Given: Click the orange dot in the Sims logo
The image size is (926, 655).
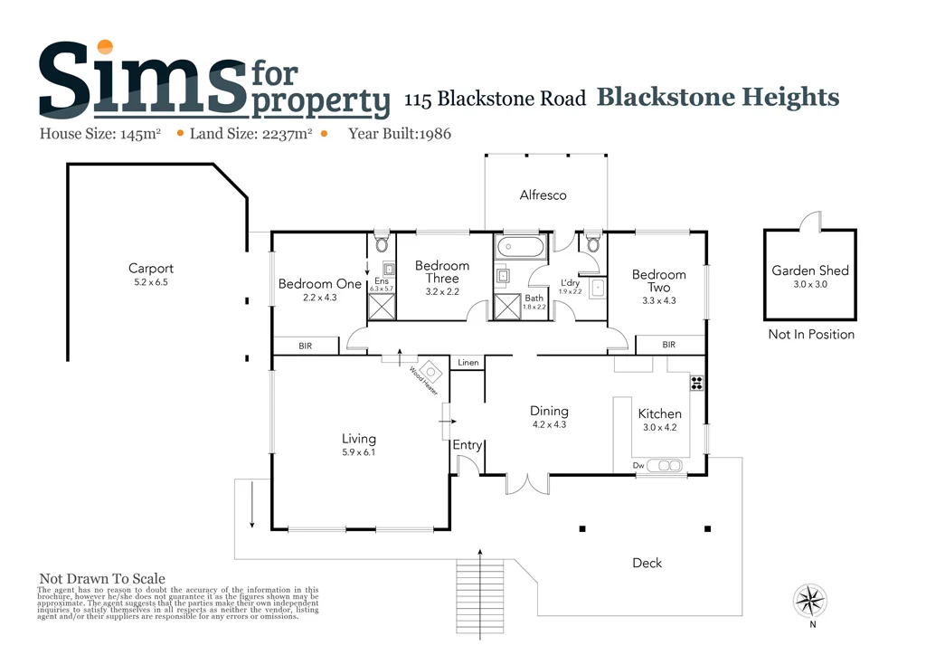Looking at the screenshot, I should coord(106,47).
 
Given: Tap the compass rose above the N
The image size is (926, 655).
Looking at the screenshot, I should coord(811,600).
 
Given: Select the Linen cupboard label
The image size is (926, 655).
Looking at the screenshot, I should coord(468,363).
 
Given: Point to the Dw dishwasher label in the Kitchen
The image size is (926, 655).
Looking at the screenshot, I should coord(638,466).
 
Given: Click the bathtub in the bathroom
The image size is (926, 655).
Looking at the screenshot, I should coord(519,246).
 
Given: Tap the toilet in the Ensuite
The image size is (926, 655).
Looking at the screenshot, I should coord(382,243).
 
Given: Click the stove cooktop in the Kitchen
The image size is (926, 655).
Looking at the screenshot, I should coord(697,382).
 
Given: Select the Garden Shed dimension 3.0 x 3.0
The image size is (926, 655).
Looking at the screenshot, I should coord(809,284).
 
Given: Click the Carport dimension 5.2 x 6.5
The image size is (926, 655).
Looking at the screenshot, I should coord(150,282).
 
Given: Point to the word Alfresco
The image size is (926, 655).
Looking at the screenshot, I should coord(543,195).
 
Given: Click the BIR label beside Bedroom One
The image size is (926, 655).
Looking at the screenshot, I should coord(306,346).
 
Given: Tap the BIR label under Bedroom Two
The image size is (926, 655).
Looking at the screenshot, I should coord(668,345).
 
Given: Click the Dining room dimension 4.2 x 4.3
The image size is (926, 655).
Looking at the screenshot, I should coord(548,424).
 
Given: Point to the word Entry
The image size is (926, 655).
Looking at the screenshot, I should coord(468,445).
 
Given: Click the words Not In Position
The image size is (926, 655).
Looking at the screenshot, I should coord(810,335).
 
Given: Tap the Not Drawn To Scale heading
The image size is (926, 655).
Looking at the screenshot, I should coord(102,579).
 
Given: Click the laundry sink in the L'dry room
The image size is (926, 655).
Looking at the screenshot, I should coord(598,289).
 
